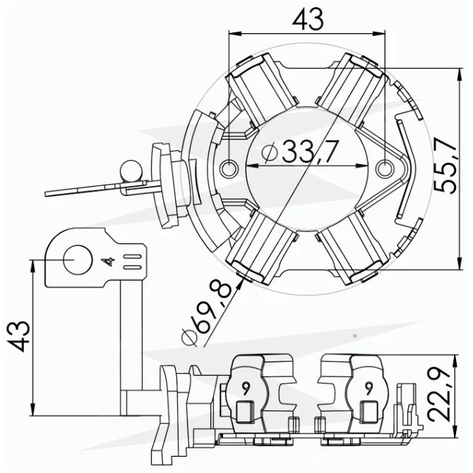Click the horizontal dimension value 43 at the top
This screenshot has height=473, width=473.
[308, 19]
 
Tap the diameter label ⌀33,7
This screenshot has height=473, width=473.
[299, 152]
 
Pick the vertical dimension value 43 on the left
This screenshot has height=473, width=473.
[19, 336]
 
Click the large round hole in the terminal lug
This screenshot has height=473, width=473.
[78, 260]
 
